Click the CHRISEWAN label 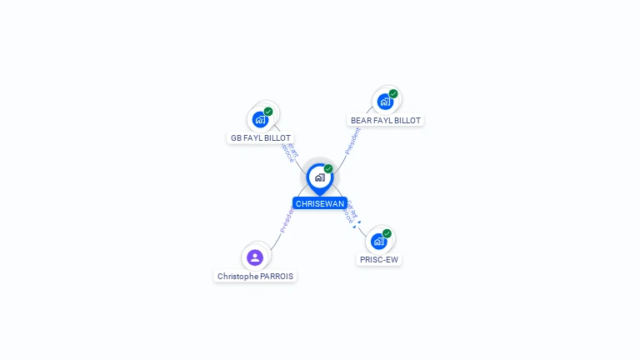tap(320, 203)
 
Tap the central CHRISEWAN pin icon tap(319, 177)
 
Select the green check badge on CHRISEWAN tap(328, 169)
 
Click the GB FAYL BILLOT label tap(261, 137)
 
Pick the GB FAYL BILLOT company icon tap(260, 120)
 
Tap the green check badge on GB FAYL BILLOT tap(268, 112)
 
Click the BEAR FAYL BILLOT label tap(386, 120)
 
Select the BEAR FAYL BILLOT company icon tap(384, 102)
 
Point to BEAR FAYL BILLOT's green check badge tap(393, 93)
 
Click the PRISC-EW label tap(379, 259)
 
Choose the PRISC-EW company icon tap(378, 242)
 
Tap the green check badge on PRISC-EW tap(387, 233)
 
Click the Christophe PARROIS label tap(255, 276)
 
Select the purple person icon tap(255, 257)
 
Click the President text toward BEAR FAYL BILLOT tap(352, 141)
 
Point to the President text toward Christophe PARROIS tap(286, 221)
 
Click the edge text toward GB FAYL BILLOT tap(290, 152)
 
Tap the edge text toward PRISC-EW tap(351, 215)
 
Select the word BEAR tap(361, 120)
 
